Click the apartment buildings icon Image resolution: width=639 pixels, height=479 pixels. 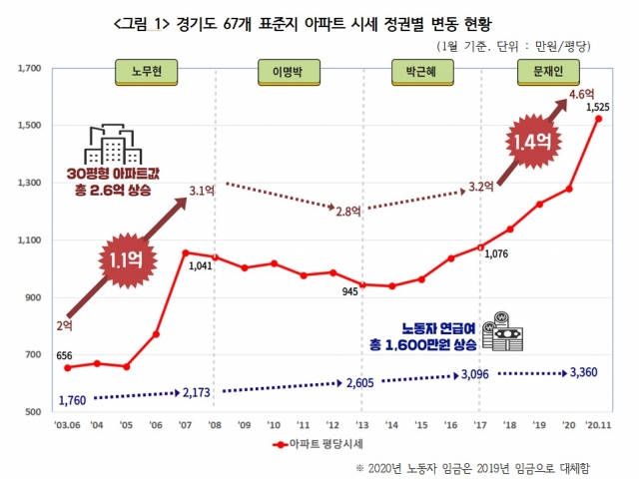tap(113, 145)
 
